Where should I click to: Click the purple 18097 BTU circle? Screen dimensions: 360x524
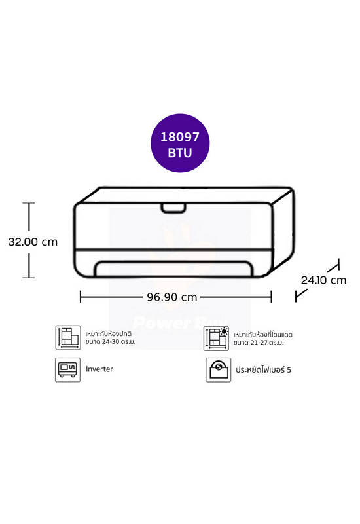(x=180, y=143)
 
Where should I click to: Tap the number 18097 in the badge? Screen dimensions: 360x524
(x=180, y=137)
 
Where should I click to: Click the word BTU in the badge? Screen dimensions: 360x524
(x=180, y=153)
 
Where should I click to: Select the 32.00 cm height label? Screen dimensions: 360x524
(x=33, y=242)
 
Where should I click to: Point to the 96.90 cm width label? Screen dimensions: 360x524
(x=172, y=297)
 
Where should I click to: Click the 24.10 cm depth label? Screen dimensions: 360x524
(x=323, y=280)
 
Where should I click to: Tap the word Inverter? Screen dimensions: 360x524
(x=99, y=369)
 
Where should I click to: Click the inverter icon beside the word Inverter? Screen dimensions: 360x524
(x=68, y=369)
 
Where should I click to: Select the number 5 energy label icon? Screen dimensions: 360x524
(x=218, y=369)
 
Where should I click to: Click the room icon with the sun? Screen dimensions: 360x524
(x=217, y=338)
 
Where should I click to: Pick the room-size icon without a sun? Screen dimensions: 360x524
(x=68, y=337)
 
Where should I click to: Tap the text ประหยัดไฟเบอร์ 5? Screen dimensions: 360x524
(x=263, y=369)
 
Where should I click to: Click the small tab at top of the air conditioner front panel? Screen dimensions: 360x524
(x=173, y=208)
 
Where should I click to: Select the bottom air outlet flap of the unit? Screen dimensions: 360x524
(x=173, y=269)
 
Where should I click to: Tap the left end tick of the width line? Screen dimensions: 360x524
(x=81, y=297)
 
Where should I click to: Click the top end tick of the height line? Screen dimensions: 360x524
(x=29, y=203)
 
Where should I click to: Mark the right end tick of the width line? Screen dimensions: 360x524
(x=271, y=297)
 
